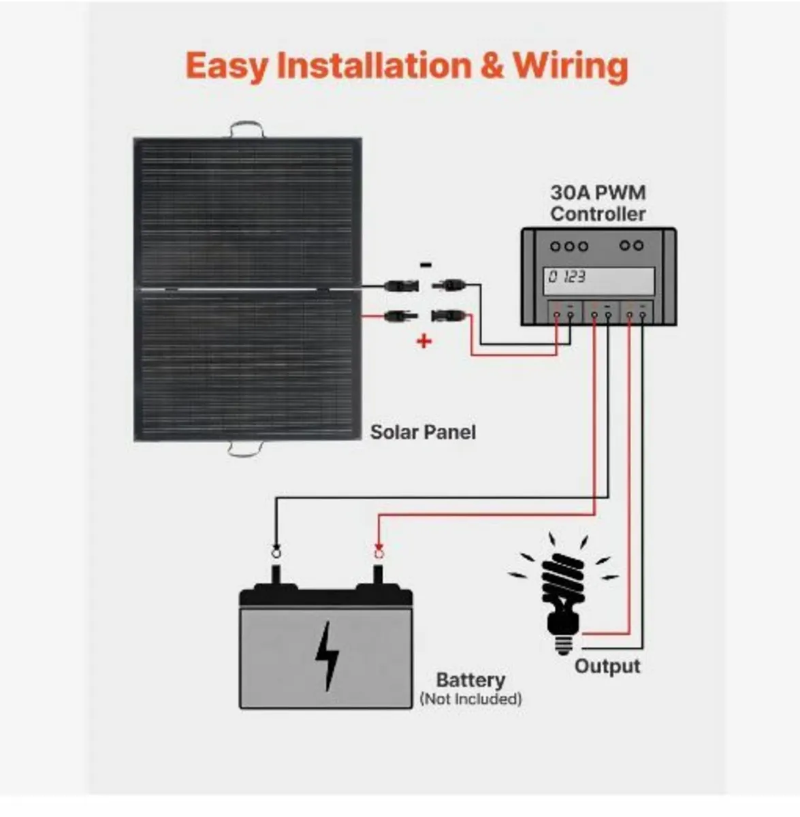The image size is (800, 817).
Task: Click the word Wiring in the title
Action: click(570, 66)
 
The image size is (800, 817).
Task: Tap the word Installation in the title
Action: click(374, 66)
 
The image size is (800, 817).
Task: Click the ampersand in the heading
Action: click(491, 66)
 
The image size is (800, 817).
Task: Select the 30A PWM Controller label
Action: click(598, 203)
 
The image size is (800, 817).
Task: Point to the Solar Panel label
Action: click(423, 432)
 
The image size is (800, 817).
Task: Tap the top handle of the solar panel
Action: click(246, 129)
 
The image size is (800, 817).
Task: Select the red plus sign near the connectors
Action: click(424, 340)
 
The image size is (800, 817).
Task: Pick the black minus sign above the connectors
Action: click(426, 265)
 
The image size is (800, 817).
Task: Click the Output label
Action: click(607, 666)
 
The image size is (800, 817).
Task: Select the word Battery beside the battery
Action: click(470, 679)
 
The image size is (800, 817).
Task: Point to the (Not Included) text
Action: click(470, 699)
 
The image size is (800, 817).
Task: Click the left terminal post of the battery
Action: click(276, 576)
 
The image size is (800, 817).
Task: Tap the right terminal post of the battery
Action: click(379, 576)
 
